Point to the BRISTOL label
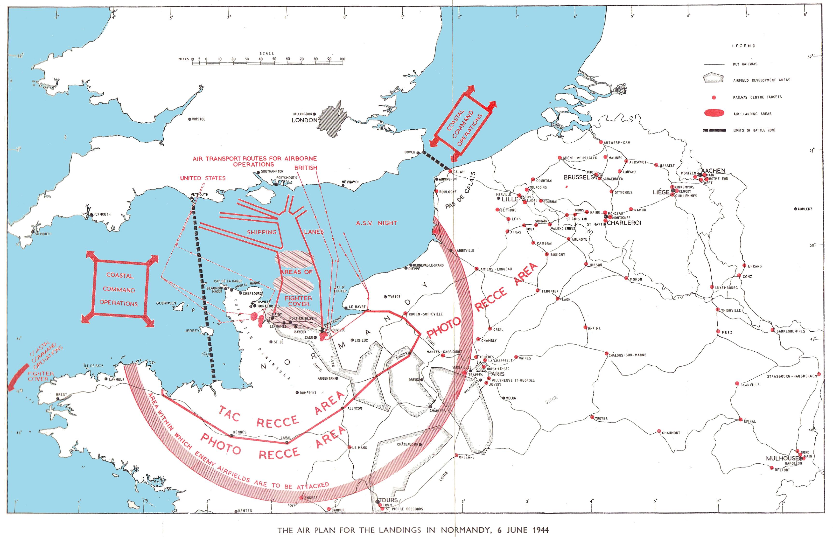point(199,119)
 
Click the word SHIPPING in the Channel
point(261,232)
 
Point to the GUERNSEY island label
point(166,303)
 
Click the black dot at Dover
point(418,152)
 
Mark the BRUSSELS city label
point(578,177)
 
